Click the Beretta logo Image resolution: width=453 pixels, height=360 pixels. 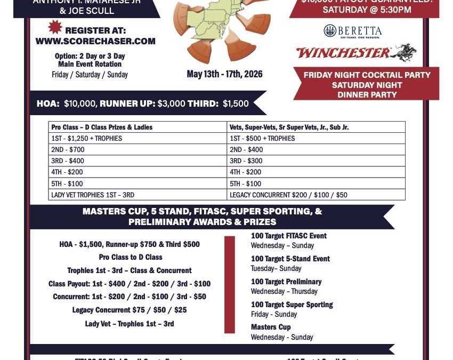pyautogui.click(x=352, y=31)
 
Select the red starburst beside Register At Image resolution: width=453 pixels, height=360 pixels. pyautogui.click(x=55, y=26)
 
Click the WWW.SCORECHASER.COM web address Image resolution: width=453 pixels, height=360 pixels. pyautogui.click(x=95, y=41)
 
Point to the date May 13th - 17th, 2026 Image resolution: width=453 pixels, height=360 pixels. pyautogui.click(x=224, y=74)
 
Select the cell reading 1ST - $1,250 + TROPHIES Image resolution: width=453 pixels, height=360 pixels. pyautogui.click(x=86, y=138)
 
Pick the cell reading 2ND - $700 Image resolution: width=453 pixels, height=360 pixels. pyautogui.click(x=68, y=149)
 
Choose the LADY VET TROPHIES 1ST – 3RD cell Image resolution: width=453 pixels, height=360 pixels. pyautogui.click(x=93, y=195)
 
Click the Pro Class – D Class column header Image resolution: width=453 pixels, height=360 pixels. pyautogui.click(x=101, y=127)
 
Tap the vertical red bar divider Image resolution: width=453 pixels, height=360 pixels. pyautogui.click(x=229, y=285)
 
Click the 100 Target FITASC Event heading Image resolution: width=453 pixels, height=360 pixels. pyautogui.click(x=288, y=236)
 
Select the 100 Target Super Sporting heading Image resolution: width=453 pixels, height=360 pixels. pyautogui.click(x=292, y=305)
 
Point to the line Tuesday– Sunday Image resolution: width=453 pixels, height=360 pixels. pyautogui.click(x=276, y=268)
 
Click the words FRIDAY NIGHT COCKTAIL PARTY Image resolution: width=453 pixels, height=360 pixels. pyautogui.click(x=367, y=75)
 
